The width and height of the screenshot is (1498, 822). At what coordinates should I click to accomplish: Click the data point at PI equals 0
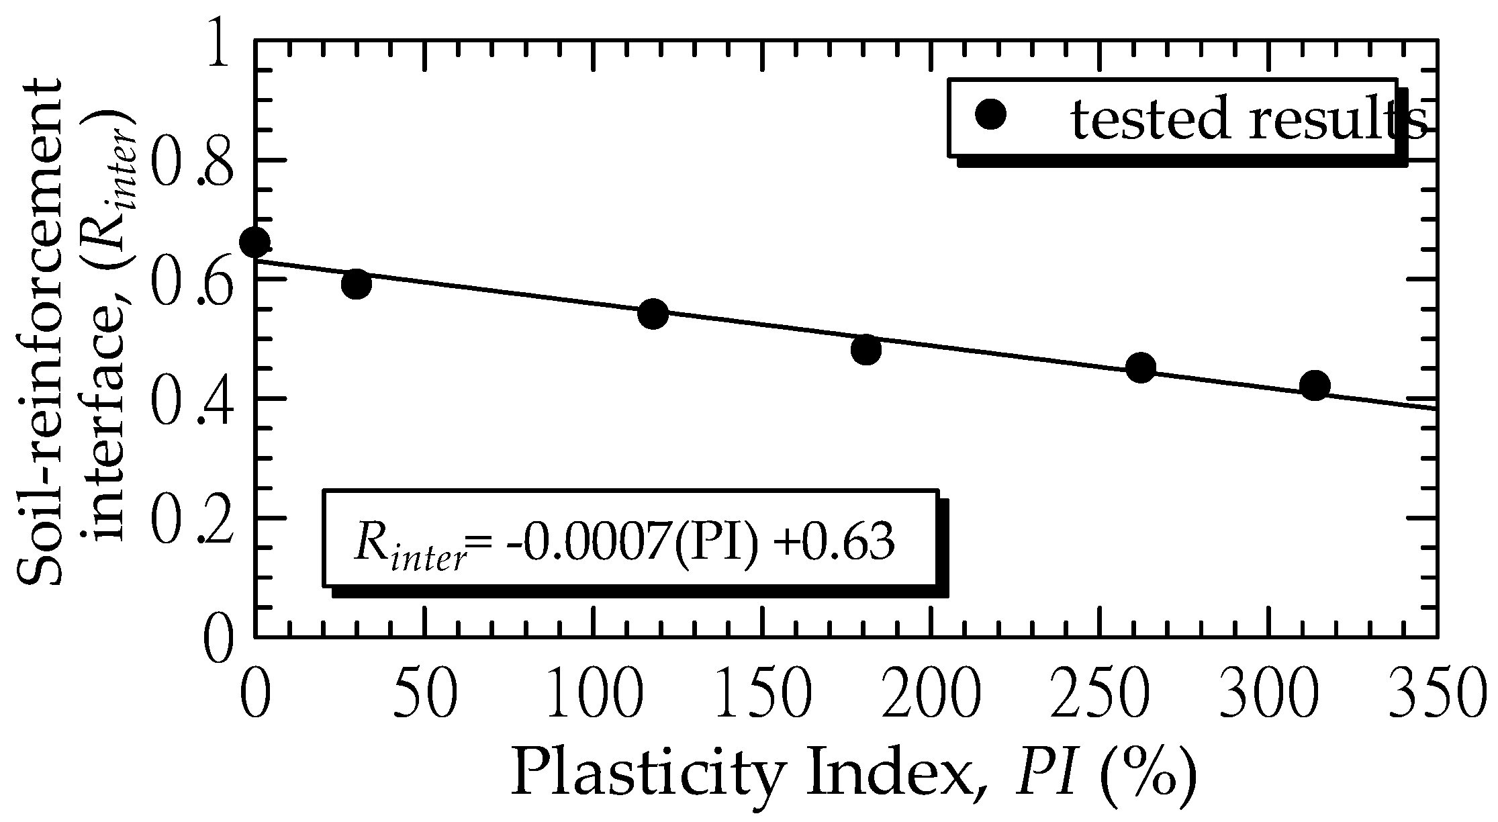point(254,242)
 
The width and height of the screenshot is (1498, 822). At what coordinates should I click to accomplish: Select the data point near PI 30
point(357,284)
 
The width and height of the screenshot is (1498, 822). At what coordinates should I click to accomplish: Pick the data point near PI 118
point(653,314)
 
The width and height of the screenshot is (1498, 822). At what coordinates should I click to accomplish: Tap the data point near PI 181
point(866,349)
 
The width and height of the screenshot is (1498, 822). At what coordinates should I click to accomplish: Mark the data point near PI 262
point(1141,367)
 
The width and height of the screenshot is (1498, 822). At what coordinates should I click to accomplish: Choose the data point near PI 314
point(1315,385)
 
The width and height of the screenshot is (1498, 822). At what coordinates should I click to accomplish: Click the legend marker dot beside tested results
point(990,115)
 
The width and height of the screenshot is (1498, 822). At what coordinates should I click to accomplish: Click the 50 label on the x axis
point(425,692)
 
